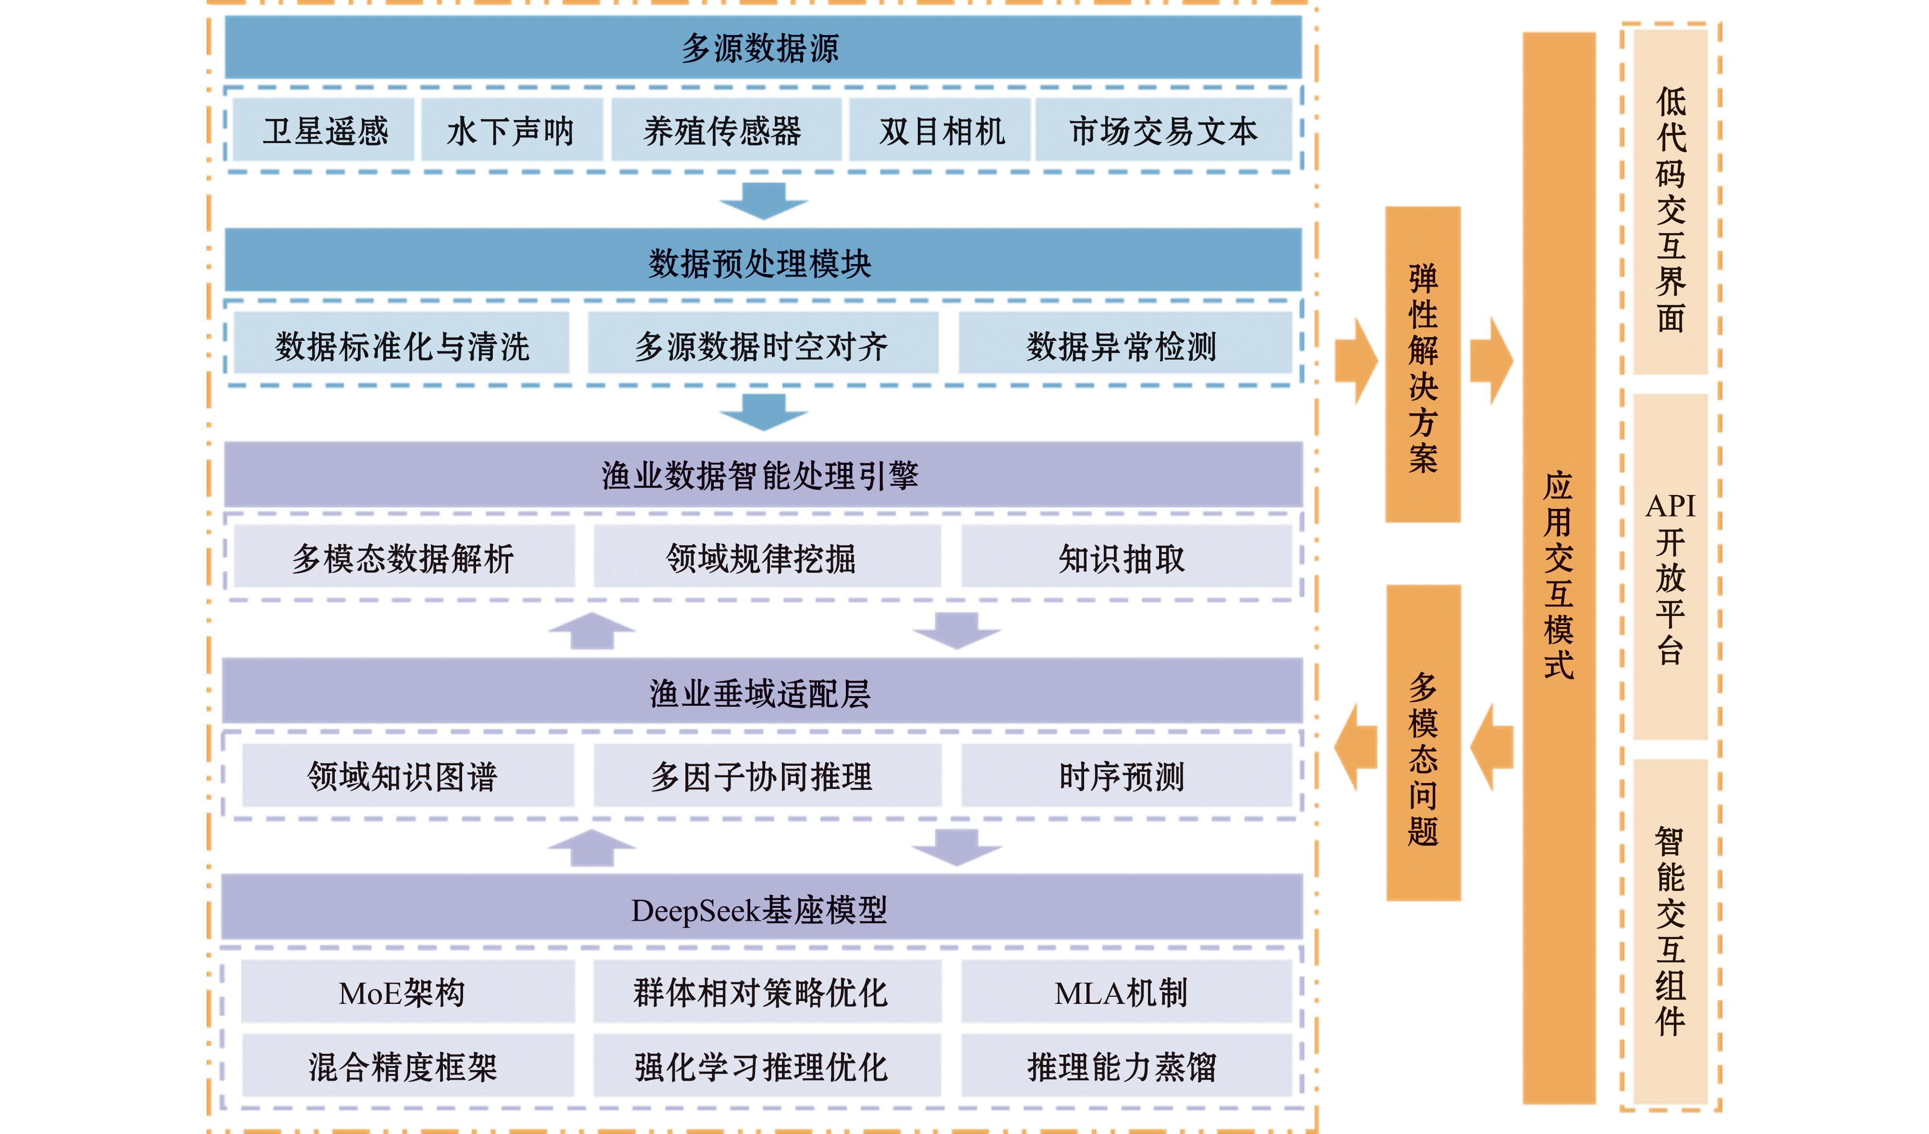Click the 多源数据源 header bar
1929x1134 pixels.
(762, 48)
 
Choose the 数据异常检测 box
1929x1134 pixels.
(1123, 346)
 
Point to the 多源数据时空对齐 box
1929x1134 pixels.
(762, 346)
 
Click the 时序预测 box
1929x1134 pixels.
(1123, 776)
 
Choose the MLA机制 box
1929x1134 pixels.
(1123, 992)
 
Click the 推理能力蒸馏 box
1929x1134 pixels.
(1123, 1066)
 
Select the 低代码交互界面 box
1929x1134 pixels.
(1670, 203)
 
